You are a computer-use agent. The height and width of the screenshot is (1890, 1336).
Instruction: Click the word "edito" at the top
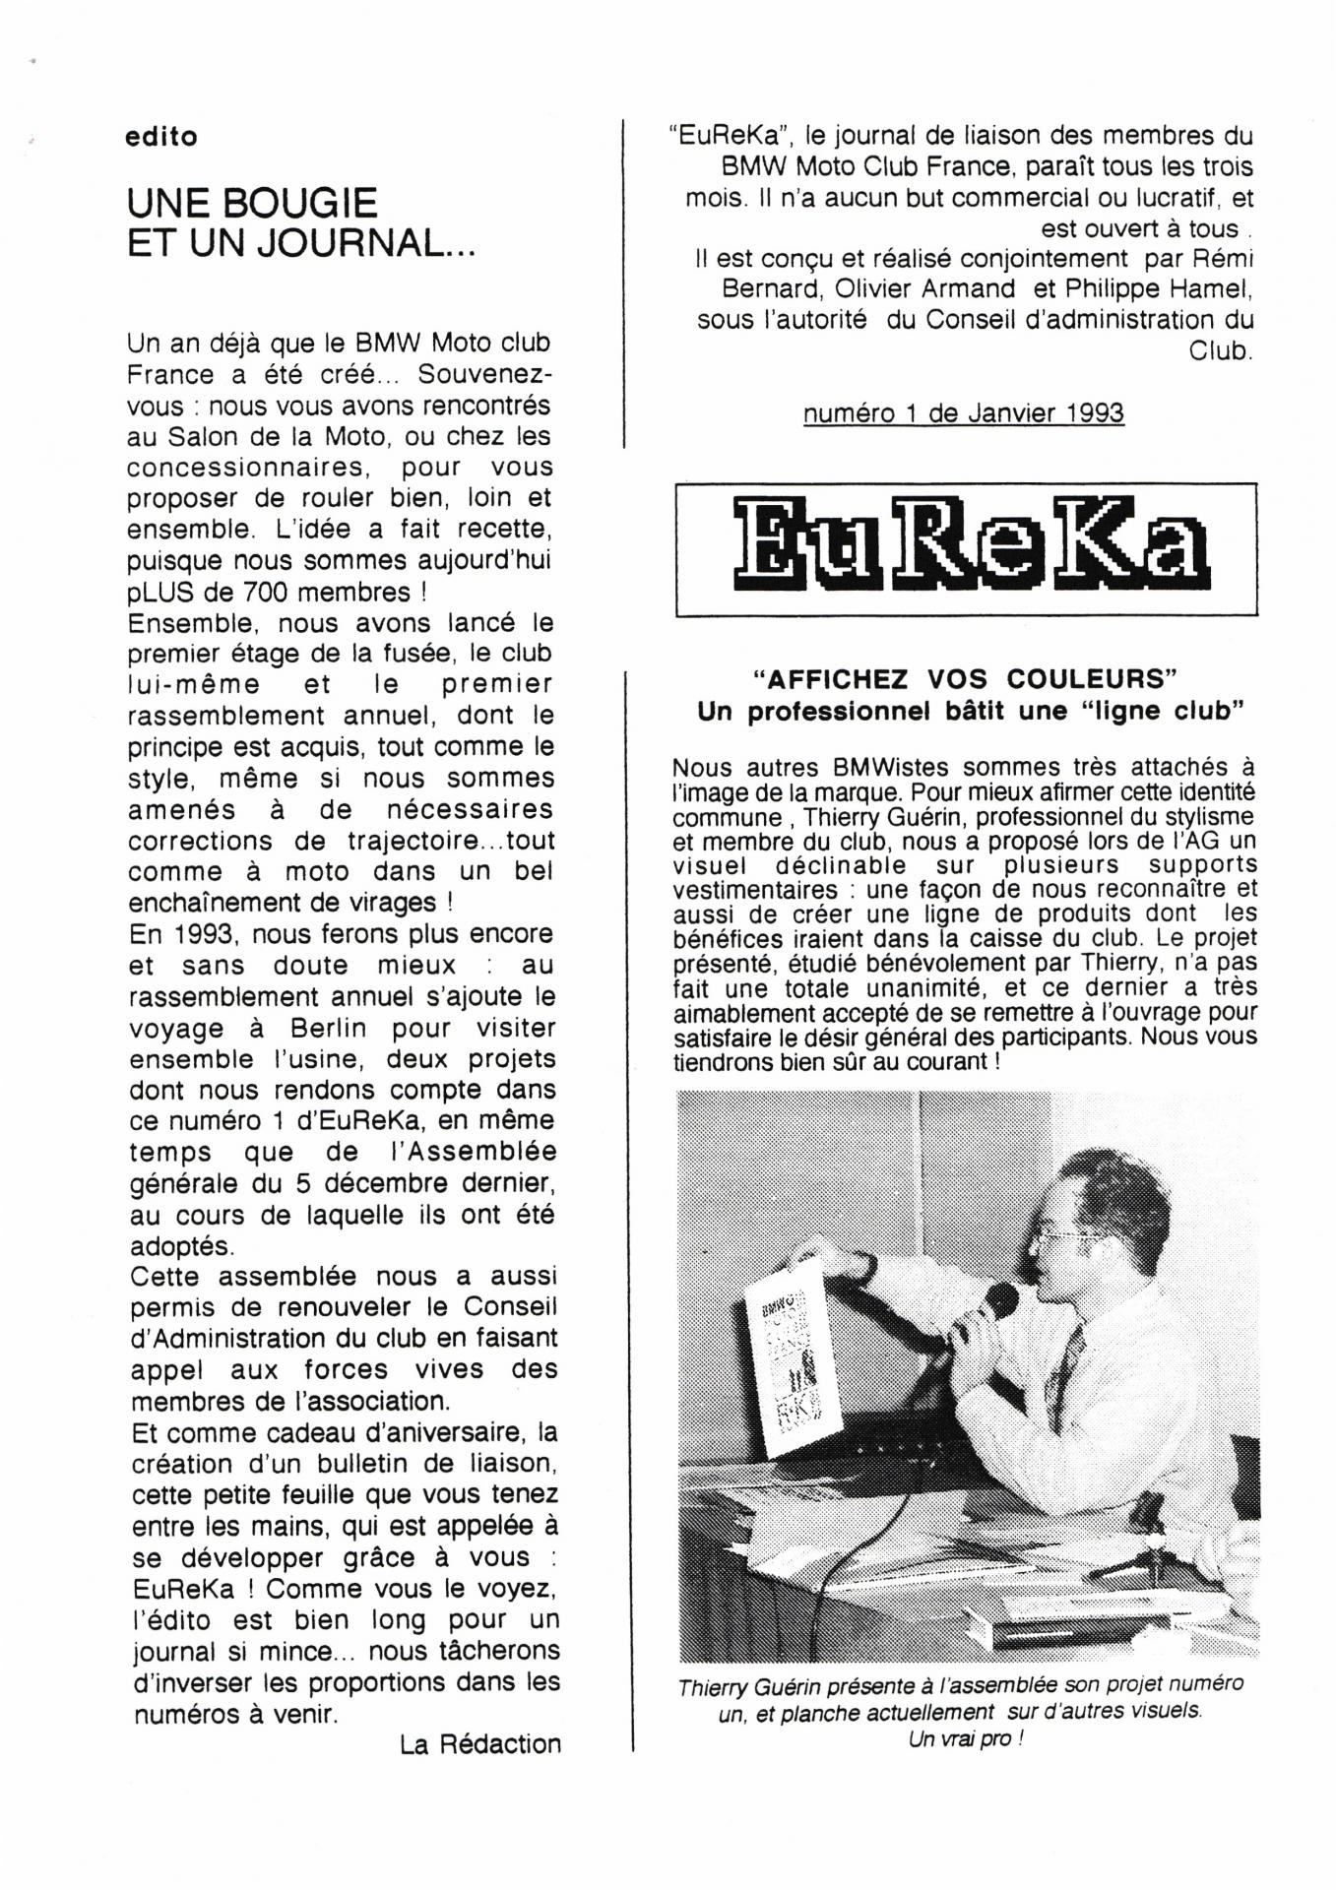tap(161, 137)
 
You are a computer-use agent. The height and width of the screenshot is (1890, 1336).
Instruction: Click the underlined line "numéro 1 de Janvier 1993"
tap(963, 413)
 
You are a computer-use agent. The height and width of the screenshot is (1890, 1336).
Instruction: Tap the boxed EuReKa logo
tap(966, 548)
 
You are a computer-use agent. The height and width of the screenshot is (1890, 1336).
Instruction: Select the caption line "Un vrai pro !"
tap(965, 1739)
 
